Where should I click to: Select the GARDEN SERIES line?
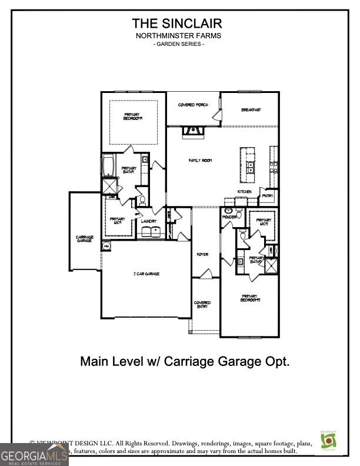click(178, 45)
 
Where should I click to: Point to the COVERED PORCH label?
click(193, 105)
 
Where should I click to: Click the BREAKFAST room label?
click(251, 110)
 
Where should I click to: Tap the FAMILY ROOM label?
click(200, 160)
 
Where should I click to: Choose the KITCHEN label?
click(245, 192)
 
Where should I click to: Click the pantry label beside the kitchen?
click(268, 196)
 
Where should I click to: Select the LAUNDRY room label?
click(149, 221)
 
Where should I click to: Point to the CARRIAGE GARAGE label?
click(84, 239)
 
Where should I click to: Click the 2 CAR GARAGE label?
click(146, 274)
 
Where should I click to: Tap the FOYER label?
click(202, 254)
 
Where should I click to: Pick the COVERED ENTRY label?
click(202, 305)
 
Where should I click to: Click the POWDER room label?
click(229, 217)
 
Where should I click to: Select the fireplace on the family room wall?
click(192, 131)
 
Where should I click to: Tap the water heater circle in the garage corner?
click(106, 246)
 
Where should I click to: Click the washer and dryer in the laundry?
click(149, 232)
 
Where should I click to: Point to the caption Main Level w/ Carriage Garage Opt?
click(185, 361)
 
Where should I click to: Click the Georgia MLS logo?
click(34, 455)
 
